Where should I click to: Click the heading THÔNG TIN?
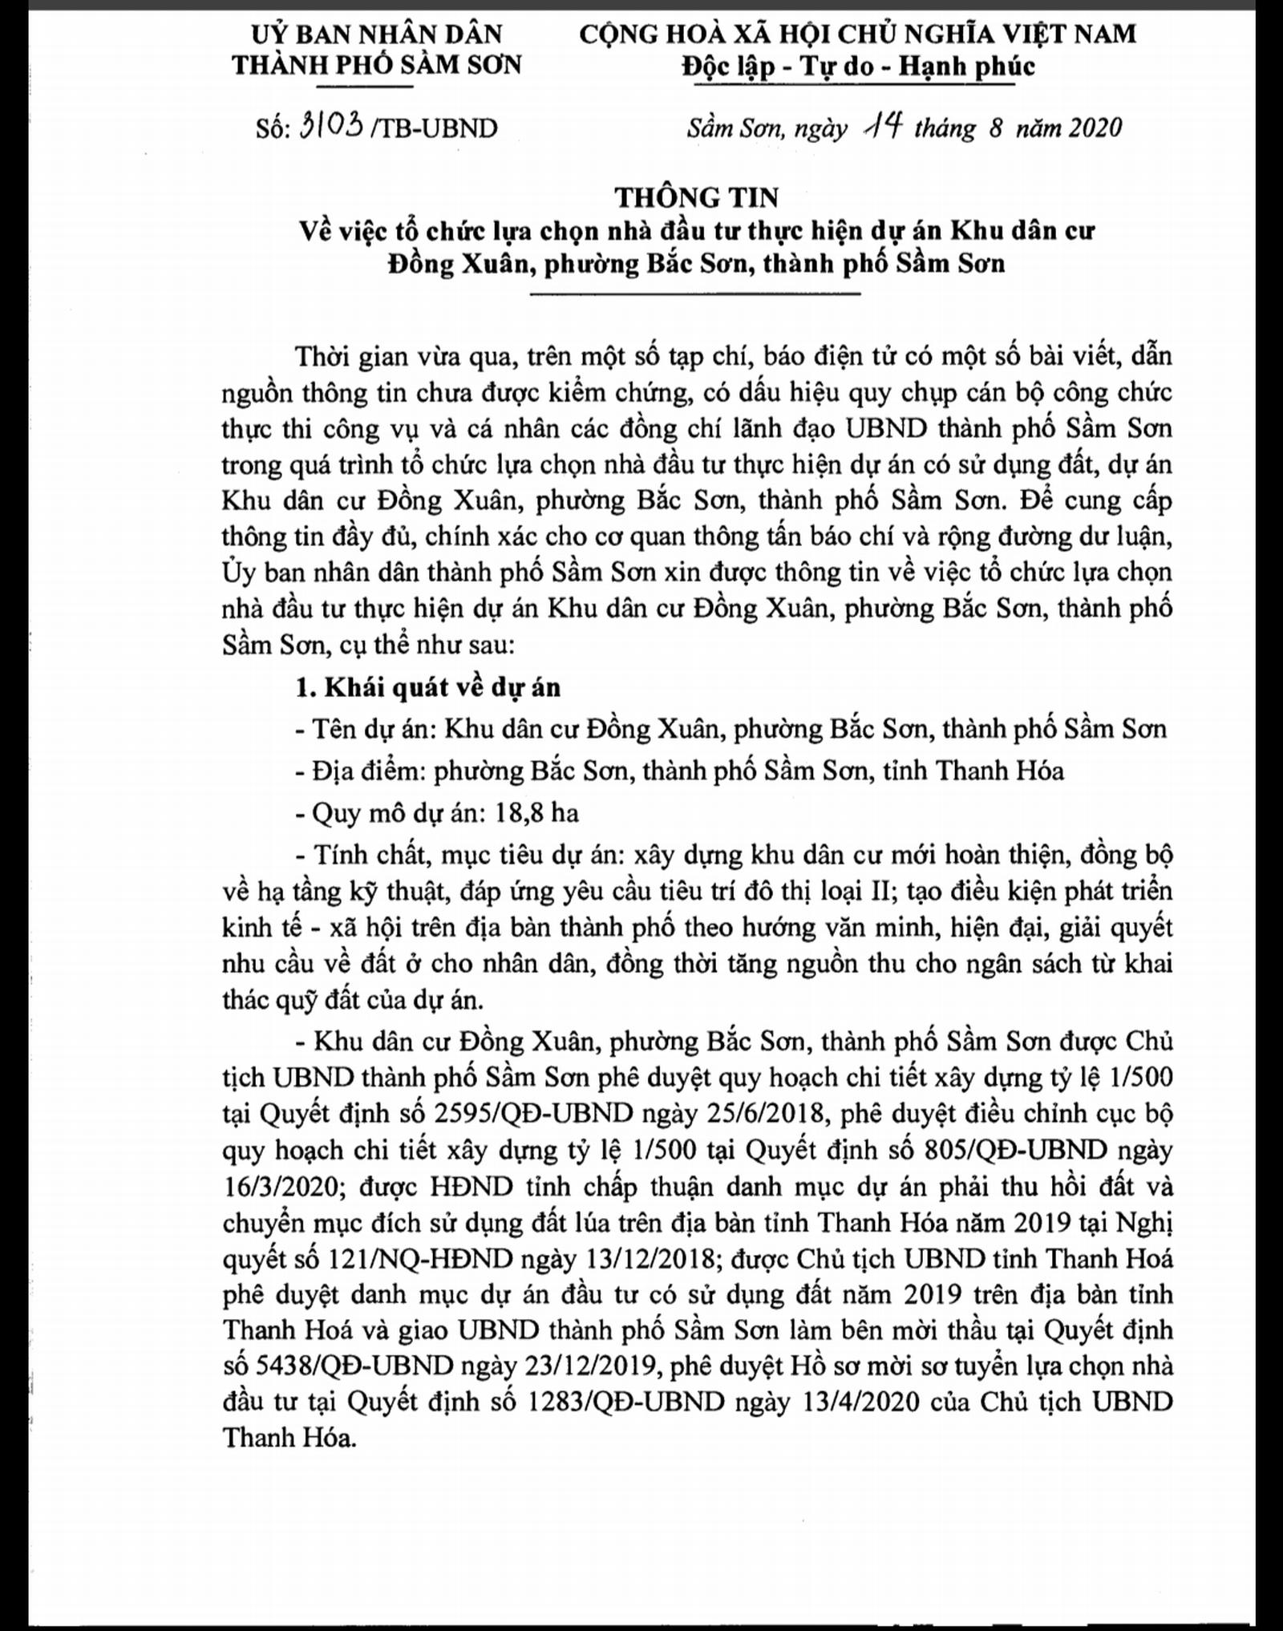point(696,196)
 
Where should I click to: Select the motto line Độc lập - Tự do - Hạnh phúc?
point(858,67)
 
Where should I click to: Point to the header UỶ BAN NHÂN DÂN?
point(377,34)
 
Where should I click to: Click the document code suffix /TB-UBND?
point(434,128)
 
